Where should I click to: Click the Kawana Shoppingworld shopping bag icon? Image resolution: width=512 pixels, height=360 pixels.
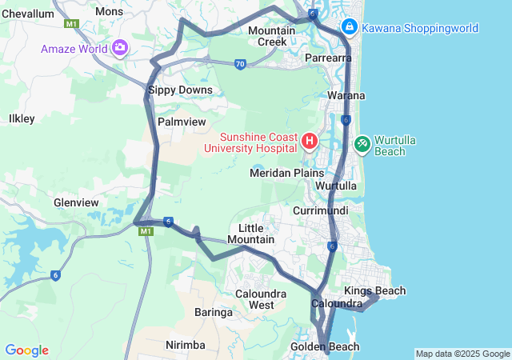pyautogui.click(x=350, y=28)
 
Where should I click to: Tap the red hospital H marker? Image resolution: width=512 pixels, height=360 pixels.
pyautogui.click(x=310, y=142)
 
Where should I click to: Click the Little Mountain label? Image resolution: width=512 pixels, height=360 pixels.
pyautogui.click(x=250, y=234)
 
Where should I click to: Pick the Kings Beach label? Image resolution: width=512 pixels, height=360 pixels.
pyautogui.click(x=374, y=290)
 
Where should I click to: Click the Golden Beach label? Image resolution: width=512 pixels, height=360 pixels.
pyautogui.click(x=325, y=346)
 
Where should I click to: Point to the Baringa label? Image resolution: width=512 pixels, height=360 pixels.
pyautogui.click(x=214, y=313)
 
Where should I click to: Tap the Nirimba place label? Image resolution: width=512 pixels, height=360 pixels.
pyautogui.click(x=185, y=345)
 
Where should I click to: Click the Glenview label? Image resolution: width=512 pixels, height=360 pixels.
pyautogui.click(x=75, y=203)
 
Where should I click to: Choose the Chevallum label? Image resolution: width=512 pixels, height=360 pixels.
pyautogui.click(x=27, y=12)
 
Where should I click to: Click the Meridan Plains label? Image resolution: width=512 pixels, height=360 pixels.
pyautogui.click(x=287, y=173)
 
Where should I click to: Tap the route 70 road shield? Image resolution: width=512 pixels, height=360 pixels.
pyautogui.click(x=241, y=64)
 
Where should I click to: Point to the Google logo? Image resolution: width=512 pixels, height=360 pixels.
pyautogui.click(x=26, y=350)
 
